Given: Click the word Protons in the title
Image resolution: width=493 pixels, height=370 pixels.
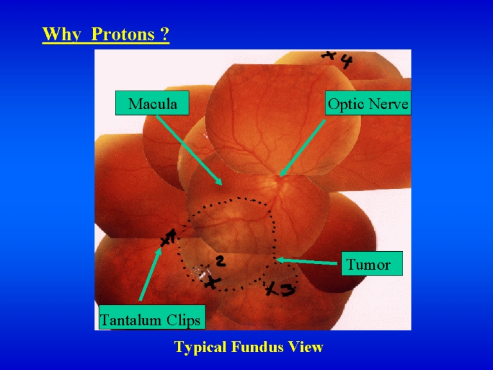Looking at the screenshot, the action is click(123, 34).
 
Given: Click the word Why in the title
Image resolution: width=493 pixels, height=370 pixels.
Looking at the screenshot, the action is click(62, 34).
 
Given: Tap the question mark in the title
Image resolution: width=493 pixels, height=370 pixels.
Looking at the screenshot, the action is click(165, 34).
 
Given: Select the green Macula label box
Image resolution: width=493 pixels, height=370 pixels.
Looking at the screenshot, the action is click(152, 103).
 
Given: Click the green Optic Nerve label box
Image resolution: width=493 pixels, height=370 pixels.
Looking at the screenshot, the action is click(368, 103).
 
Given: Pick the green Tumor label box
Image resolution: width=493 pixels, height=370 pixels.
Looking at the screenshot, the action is click(372, 263).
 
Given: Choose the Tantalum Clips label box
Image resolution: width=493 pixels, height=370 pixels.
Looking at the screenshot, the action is click(152, 317).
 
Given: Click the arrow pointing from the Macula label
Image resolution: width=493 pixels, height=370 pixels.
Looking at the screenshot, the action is click(189, 150).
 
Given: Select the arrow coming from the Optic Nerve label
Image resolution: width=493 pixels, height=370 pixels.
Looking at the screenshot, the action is click(302, 148).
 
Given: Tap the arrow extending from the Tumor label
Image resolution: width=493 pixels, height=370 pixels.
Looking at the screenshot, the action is click(309, 261).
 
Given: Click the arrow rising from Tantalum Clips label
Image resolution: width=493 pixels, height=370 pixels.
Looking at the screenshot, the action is click(150, 274).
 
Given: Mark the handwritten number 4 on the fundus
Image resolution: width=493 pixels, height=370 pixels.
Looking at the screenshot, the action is click(346, 62).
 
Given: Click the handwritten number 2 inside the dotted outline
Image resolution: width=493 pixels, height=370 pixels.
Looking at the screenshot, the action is click(220, 261).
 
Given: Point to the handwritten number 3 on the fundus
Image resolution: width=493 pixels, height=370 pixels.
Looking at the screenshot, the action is click(288, 290).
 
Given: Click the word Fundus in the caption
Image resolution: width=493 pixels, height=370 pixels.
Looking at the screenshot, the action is click(258, 347).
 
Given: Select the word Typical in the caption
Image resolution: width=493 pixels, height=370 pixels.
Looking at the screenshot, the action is click(200, 348).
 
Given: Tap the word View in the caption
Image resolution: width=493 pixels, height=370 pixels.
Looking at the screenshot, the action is click(306, 347).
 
